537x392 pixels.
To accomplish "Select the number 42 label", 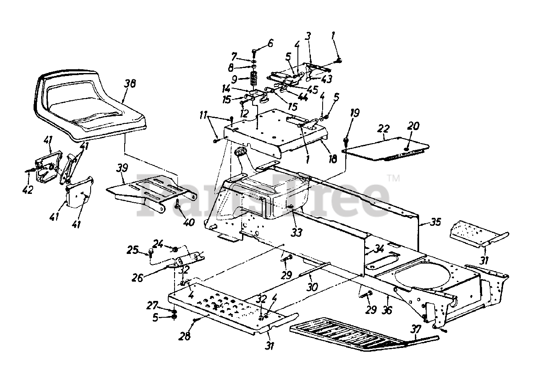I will [x=28, y=190].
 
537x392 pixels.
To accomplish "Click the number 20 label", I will [x=413, y=126].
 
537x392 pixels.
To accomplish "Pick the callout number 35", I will [x=436, y=222].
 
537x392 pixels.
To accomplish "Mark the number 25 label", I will [x=133, y=251].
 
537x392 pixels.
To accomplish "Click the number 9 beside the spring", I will [x=245, y=79].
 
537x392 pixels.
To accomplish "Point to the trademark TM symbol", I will [x=394, y=178].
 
